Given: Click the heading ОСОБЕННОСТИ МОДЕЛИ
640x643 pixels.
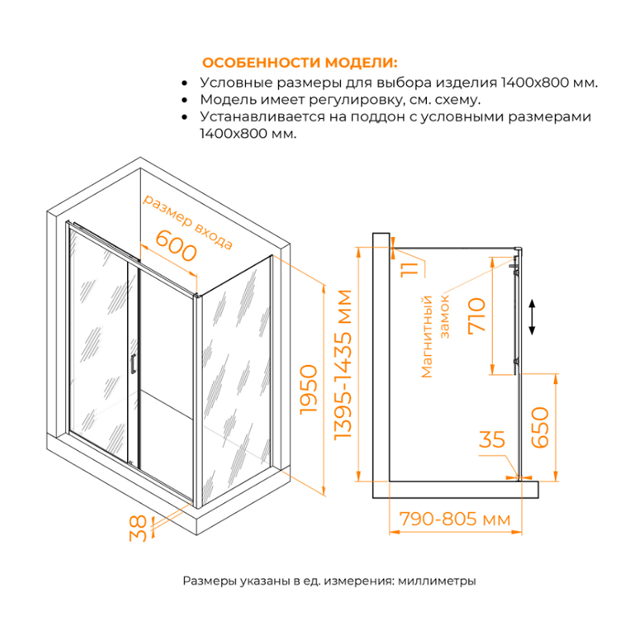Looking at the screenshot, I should point(299,63).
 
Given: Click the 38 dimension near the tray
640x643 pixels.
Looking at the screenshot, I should point(140,528).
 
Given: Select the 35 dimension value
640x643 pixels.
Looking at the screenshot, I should point(491,440).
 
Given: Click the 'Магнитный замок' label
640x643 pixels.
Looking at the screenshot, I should point(437,336).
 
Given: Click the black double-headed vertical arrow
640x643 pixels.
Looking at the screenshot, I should point(532,317).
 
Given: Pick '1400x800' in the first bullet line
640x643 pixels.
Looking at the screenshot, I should point(534,83).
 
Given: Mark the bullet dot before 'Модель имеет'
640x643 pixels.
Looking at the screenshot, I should point(186,100).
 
